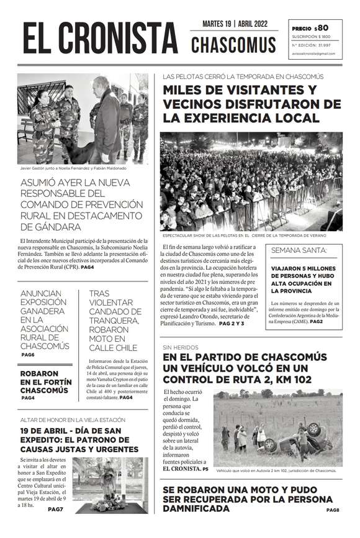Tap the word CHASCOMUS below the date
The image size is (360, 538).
coord(233,45)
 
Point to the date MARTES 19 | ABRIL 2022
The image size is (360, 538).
coord(234,24)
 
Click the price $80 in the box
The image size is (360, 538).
coord(321,28)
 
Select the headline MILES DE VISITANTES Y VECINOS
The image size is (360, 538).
coord(251,103)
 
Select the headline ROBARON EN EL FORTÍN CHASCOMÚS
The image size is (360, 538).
coord(44,381)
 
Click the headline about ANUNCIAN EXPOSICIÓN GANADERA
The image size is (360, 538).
coord(45,319)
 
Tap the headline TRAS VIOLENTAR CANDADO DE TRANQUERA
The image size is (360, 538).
coord(114,321)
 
